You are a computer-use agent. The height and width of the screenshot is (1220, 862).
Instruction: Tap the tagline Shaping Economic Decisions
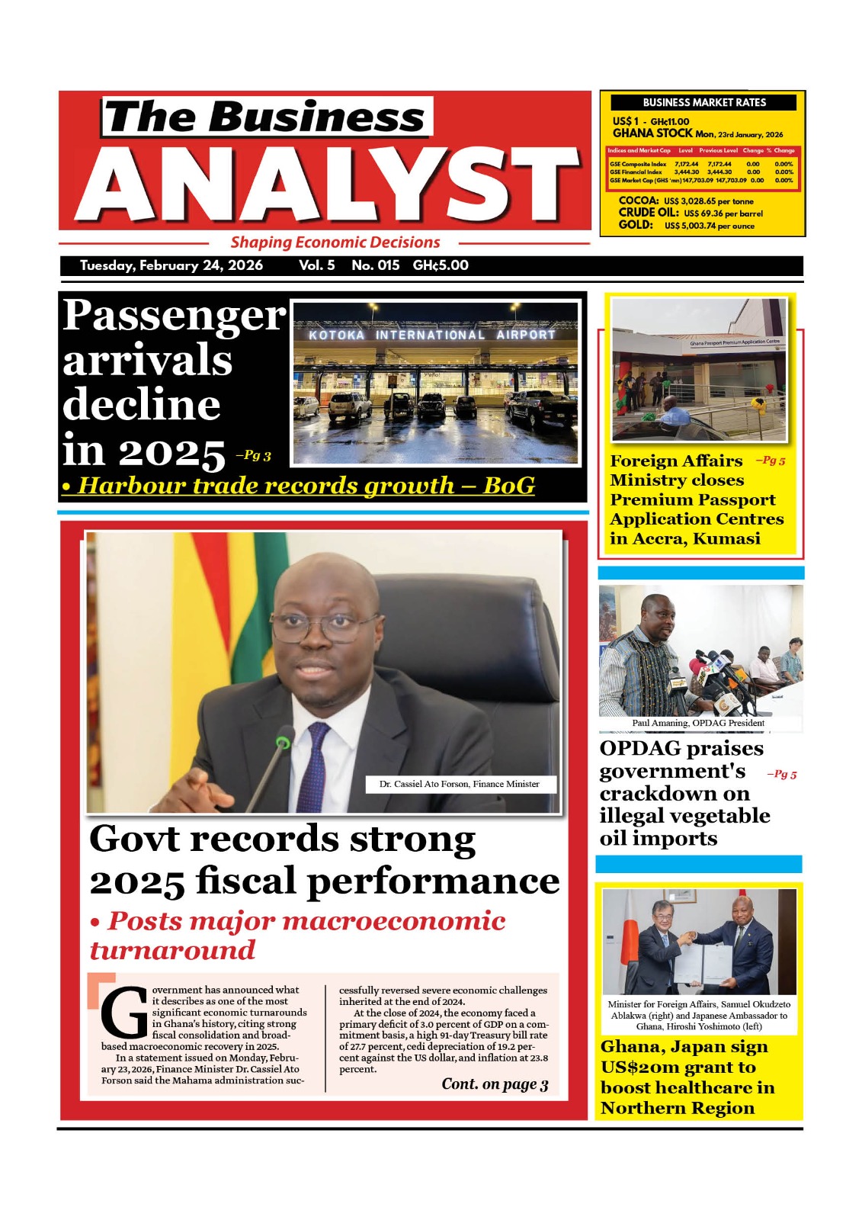[335, 242]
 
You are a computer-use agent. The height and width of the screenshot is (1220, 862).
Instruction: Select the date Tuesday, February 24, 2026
[171, 265]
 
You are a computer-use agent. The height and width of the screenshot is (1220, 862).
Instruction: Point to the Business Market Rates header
[704, 102]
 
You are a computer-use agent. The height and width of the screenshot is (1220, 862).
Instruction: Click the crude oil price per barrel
[723, 213]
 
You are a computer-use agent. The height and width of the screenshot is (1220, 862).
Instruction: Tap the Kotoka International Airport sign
[432, 335]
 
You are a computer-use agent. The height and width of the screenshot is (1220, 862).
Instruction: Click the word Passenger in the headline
[174, 315]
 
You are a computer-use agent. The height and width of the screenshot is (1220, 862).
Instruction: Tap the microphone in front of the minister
[283, 743]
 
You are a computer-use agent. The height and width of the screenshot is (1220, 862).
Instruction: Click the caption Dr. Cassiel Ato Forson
[459, 784]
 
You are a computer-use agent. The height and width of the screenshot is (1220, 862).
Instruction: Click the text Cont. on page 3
[495, 1084]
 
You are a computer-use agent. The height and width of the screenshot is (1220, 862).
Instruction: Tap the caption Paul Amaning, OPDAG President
[697, 723]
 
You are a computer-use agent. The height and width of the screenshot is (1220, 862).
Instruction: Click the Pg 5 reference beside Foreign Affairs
[771, 461]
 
